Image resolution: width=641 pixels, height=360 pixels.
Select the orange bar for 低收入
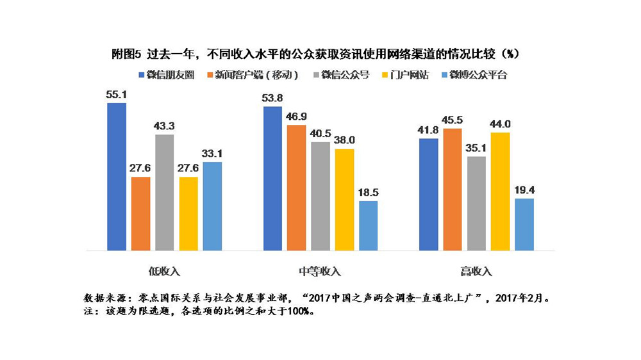[x=140, y=213]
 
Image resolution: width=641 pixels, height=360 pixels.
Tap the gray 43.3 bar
[x=165, y=192]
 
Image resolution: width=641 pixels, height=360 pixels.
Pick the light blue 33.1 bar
[x=213, y=206]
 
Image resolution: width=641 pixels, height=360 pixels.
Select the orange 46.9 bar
[x=297, y=187]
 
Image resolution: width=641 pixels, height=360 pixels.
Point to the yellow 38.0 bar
[x=344, y=199]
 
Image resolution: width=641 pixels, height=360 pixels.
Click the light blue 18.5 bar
[x=369, y=225]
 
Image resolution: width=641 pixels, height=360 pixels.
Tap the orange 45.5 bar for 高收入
[x=452, y=189]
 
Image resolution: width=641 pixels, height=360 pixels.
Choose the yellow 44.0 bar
[x=500, y=191]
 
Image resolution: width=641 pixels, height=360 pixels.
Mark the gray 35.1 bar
[x=476, y=203]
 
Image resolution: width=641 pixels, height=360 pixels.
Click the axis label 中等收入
[x=320, y=271]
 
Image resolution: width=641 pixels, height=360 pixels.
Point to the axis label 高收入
[x=476, y=271]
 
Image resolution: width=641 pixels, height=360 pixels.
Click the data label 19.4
[x=524, y=191]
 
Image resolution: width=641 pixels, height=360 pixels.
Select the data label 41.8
[x=428, y=131]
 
